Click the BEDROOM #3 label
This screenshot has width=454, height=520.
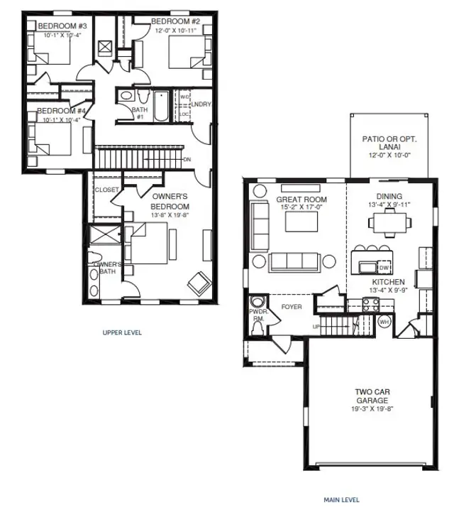57,26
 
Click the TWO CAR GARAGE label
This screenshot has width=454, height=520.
372,396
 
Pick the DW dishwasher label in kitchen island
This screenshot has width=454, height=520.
382,268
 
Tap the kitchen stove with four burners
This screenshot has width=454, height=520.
370,304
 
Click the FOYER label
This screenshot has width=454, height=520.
291,307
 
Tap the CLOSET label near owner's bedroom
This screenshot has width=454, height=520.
106,190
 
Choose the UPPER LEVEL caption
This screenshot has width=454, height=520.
121,332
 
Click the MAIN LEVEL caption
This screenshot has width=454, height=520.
341,499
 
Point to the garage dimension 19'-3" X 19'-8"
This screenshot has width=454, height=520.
372,408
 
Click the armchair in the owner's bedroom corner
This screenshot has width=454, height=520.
198,284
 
